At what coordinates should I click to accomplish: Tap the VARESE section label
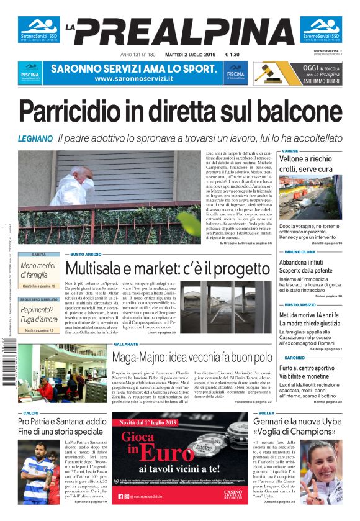[x=290, y=151]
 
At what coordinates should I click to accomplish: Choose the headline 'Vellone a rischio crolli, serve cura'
[x=307, y=164]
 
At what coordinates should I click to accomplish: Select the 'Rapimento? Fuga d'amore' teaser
[x=38, y=314]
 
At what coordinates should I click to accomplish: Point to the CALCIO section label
[x=31, y=412]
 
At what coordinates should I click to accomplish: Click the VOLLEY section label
[x=266, y=412]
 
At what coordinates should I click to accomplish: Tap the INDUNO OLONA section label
[x=300, y=252]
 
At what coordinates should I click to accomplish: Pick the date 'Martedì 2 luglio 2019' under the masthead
[x=180, y=55]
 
